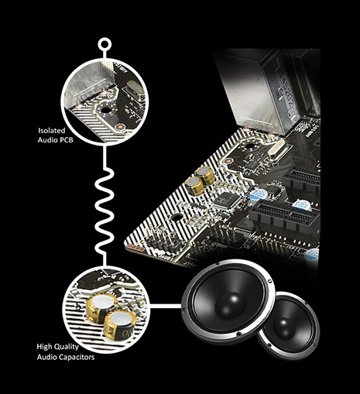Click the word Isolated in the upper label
pyautogui.click(x=52, y=131)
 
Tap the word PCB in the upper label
pyautogui.click(x=65, y=140)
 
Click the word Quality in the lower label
pyautogui.click(x=66, y=347)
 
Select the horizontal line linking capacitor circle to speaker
pyautogui.click(x=166, y=306)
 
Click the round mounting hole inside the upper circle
pyautogui.click(x=105, y=110)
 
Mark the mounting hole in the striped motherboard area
pyautogui.click(x=176, y=218)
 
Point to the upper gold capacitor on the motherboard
pyautogui.click(x=205, y=175)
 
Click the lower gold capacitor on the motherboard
pyautogui.click(x=194, y=185)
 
